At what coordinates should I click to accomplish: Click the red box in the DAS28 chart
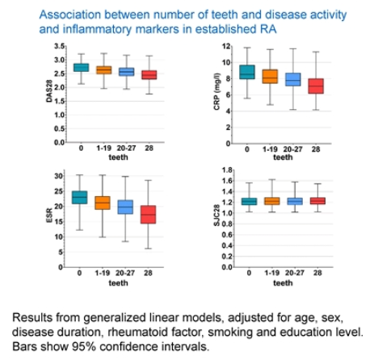pyautogui.click(x=149, y=75)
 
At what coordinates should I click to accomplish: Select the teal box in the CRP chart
pyautogui.click(x=247, y=72)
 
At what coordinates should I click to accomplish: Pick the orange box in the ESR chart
pyautogui.click(x=103, y=203)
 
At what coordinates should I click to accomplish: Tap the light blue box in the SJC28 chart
pyautogui.click(x=295, y=201)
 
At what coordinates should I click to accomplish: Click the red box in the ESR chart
pyautogui.click(x=148, y=215)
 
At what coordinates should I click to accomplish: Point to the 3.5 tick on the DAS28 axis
pyautogui.click(x=59, y=46)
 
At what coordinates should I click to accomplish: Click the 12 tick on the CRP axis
pyautogui.click(x=226, y=46)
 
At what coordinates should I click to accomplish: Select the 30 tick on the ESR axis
pyautogui.click(x=58, y=176)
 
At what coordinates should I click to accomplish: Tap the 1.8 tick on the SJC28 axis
pyautogui.click(x=227, y=170)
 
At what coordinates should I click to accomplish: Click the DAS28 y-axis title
pyautogui.click(x=49, y=91)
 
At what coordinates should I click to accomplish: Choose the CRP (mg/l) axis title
pyautogui.click(x=217, y=91)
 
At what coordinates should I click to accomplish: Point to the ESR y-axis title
pyautogui.click(x=49, y=216)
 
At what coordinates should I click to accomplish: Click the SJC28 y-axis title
pyautogui.click(x=217, y=216)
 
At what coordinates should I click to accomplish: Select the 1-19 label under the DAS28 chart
pyautogui.click(x=103, y=148)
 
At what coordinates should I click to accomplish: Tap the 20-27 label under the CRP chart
pyautogui.click(x=292, y=149)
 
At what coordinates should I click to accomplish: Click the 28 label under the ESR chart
pyautogui.click(x=148, y=273)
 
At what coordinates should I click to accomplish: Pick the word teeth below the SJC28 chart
pyautogui.click(x=283, y=283)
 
